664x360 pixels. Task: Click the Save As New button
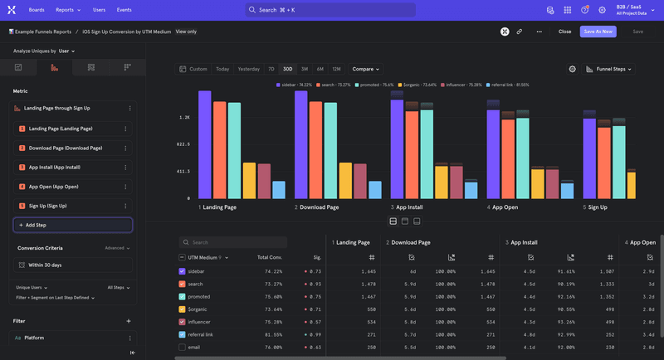(598, 31)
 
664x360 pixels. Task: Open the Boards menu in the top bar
(37, 10)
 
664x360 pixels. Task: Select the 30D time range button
(287, 69)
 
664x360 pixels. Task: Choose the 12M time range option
(336, 69)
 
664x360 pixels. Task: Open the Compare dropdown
(365, 69)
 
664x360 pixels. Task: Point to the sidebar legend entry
(296, 85)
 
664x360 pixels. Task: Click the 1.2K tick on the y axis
(183, 118)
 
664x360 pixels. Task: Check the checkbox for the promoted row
(183, 296)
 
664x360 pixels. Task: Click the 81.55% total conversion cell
(271, 334)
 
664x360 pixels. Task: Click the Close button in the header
(564, 31)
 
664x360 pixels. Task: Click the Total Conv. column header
(269, 258)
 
